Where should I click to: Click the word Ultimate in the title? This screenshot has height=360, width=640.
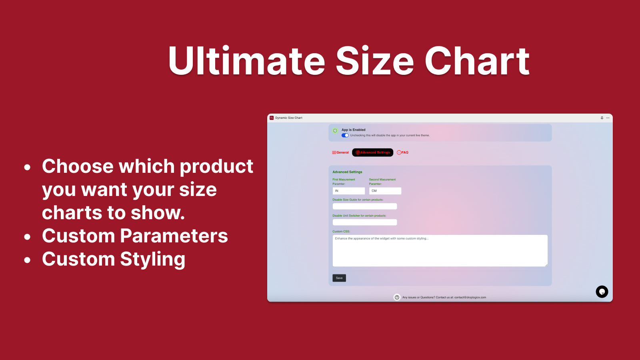pos(246,61)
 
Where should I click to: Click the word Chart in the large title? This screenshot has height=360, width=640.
pos(477,61)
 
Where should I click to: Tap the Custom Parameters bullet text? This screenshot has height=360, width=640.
pos(135,236)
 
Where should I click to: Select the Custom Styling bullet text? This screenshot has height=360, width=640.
pos(114,259)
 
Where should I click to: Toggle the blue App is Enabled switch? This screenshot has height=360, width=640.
pos(345,135)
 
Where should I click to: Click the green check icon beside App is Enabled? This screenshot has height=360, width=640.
pos(335,131)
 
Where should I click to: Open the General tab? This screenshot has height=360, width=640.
pos(340,152)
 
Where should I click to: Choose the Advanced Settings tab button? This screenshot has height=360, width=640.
pos(373,152)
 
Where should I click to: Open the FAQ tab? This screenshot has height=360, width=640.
pos(403,152)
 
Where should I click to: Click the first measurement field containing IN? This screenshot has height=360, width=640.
pos(349,191)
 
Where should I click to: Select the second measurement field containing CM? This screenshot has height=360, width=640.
pos(385,191)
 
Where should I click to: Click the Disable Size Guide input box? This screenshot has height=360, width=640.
pos(365,206)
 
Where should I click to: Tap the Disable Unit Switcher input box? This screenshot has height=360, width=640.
pos(365,222)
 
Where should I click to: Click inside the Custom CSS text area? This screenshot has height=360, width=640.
pos(440,251)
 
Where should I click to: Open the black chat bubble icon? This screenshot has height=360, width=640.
pos(602,292)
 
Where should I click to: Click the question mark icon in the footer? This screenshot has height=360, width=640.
pos(397,297)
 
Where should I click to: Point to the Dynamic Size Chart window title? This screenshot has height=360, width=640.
pos(289,118)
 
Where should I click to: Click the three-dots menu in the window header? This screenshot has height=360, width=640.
pos(608,118)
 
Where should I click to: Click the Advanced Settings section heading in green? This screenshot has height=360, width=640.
pos(347,172)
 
